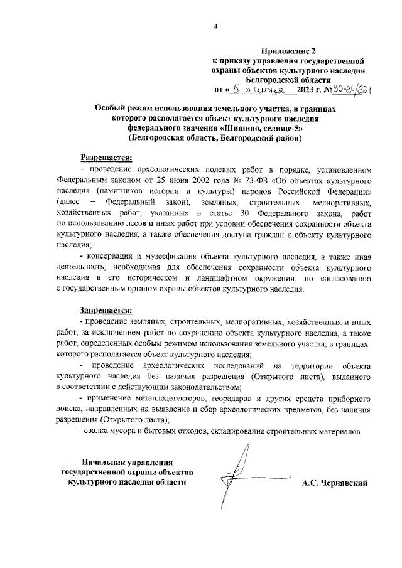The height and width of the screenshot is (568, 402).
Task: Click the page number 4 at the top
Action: click(x=215, y=26)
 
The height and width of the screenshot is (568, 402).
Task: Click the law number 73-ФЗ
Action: click(x=247, y=181)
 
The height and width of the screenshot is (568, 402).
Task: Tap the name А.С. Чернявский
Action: click(x=334, y=483)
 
